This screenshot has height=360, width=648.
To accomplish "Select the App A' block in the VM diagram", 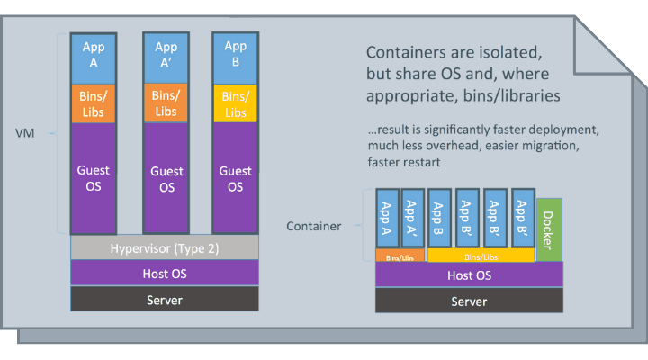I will [x=166, y=56].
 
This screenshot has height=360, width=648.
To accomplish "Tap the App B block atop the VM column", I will [x=235, y=56].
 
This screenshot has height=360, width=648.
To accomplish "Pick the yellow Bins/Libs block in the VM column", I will [x=235, y=104].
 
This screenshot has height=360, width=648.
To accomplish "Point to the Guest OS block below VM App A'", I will [x=166, y=178].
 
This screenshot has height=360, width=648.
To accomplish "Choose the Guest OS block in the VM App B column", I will [x=235, y=178].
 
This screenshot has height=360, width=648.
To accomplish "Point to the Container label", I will [x=314, y=226].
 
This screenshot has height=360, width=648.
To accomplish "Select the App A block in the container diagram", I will [x=388, y=219].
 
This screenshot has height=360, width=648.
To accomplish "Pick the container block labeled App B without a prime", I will [x=440, y=219].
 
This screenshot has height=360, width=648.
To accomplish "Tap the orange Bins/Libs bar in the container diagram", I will [x=400, y=256].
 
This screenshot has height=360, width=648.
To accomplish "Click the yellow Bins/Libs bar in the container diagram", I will [x=480, y=256].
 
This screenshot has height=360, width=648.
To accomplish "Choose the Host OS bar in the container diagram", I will [x=470, y=275].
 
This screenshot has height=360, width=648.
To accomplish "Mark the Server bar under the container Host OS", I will [x=470, y=301].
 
